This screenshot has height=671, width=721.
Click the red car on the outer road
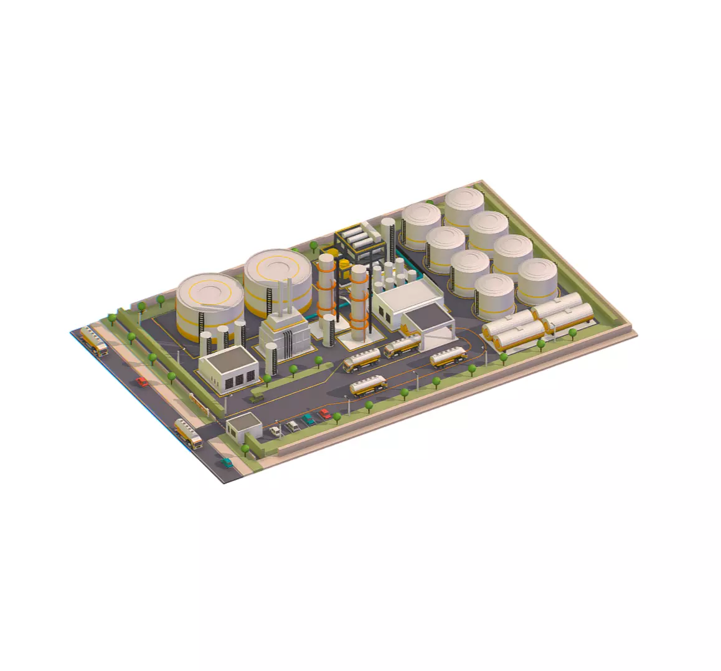click(143, 382)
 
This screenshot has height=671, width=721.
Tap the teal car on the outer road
click(227, 463)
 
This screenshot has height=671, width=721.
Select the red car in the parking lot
click(324, 414)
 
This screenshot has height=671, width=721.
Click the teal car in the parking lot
click(308, 419)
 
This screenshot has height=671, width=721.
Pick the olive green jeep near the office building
click(256, 396)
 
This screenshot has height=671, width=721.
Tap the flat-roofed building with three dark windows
click(229, 368)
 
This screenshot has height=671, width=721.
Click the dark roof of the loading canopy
click(427, 318)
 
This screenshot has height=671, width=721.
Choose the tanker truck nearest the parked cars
click(368, 387)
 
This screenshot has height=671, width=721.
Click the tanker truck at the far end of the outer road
click(94, 341)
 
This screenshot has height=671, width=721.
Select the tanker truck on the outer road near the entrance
click(188, 432)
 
